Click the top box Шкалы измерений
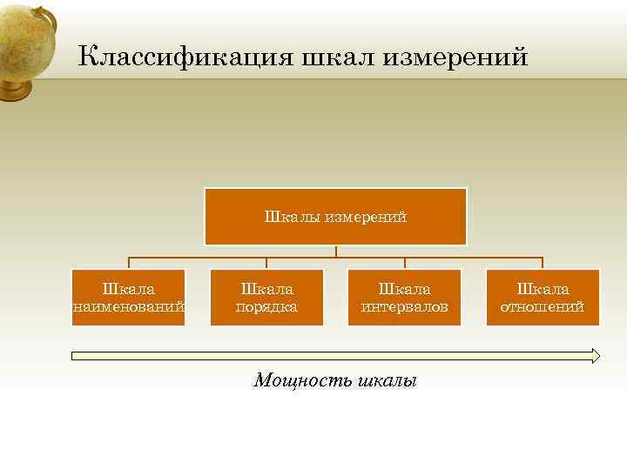coord(335,217)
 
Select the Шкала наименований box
coord(129,297)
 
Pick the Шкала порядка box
coord(266,297)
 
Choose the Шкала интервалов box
coord(404,297)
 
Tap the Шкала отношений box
coord(543,297)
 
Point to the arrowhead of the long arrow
coord(596,355)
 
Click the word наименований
coord(129,306)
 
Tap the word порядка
coord(266,306)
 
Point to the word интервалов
coord(404,306)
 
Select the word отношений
coord(543,306)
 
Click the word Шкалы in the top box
coord(293,217)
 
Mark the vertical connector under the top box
coord(336,252)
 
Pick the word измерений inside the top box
coord(366,217)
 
